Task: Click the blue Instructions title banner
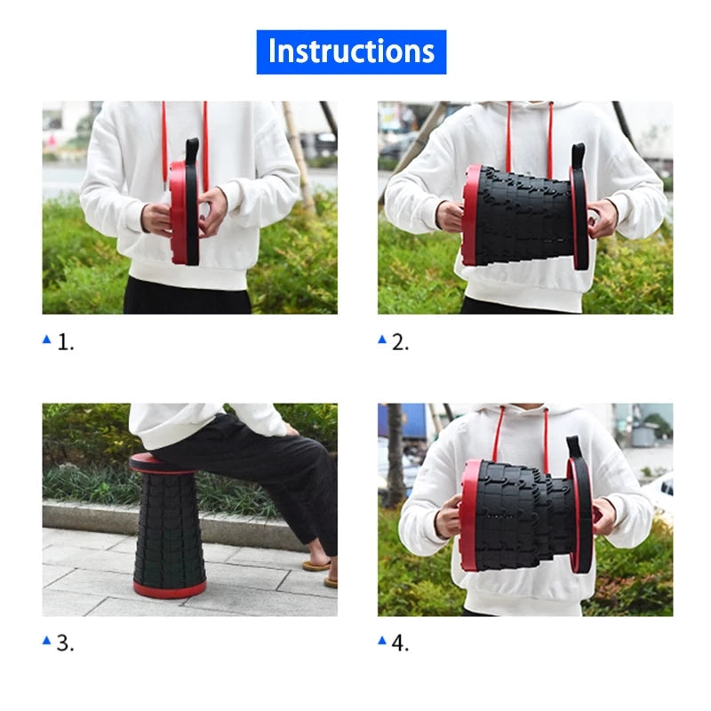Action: pos(351,52)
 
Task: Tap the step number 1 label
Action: pos(65,342)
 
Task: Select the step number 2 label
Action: pos(400,342)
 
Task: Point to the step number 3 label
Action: pos(65,643)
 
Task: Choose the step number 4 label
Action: pos(400,643)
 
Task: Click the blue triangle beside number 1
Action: pos(47,340)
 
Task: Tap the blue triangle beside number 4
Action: pos(382,640)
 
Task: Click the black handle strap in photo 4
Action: pos(574,449)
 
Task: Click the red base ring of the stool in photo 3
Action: pos(170,588)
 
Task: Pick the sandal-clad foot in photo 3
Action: pos(316,563)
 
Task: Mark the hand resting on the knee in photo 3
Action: pos(292,428)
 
